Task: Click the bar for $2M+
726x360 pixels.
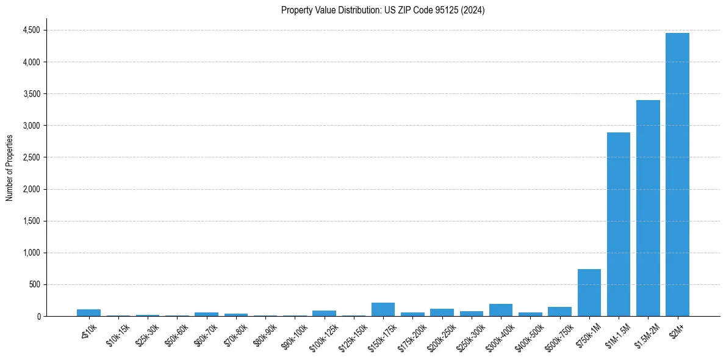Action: click(x=677, y=175)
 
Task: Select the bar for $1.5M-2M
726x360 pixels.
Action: click(x=648, y=208)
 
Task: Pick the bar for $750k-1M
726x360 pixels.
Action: click(x=589, y=293)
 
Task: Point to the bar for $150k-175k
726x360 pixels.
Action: click(x=383, y=309)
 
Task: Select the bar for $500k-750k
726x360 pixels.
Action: click(x=559, y=312)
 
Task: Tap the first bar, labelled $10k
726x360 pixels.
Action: click(x=88, y=313)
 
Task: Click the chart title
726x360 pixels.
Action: click(x=383, y=10)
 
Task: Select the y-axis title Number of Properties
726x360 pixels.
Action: click(x=10, y=167)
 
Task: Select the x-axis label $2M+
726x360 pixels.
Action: click(x=677, y=330)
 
